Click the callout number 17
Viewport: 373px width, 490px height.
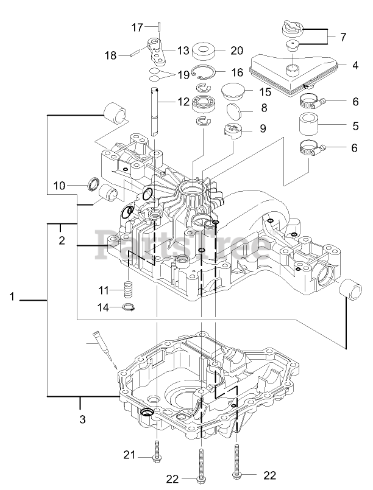tap(137, 27)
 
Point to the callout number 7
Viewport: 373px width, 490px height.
tap(343, 37)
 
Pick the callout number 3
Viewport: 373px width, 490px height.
tap(83, 419)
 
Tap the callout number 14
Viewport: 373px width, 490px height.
tap(104, 308)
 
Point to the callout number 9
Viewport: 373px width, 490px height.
tap(263, 128)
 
